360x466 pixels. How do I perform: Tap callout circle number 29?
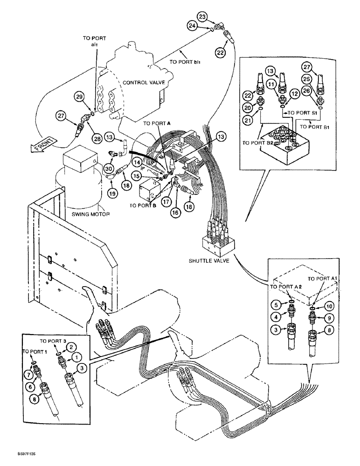80,97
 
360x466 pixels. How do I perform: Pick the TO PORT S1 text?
301,113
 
